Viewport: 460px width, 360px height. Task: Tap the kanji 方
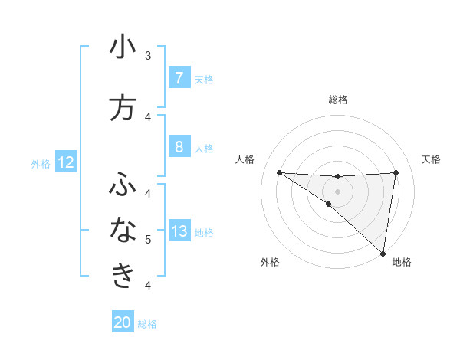(123, 107)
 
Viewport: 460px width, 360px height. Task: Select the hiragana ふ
(123, 185)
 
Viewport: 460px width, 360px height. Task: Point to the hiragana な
(123, 229)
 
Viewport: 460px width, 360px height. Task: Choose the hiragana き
(123, 275)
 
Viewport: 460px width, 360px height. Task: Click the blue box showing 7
(179, 78)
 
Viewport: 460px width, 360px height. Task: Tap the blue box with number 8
(179, 147)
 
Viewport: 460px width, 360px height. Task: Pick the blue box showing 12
(66, 162)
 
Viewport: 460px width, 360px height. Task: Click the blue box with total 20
(123, 322)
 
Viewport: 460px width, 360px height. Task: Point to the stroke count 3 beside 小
(148, 56)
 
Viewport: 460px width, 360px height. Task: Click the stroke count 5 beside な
(148, 239)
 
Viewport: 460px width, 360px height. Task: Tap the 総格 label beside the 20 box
(147, 324)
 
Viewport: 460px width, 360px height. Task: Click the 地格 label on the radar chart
(402, 263)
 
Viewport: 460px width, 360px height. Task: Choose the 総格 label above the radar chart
(337, 100)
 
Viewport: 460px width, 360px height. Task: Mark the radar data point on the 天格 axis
(396, 172)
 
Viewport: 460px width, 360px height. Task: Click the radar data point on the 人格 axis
(279, 172)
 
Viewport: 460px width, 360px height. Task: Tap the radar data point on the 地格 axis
(383, 253)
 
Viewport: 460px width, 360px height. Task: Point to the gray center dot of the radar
(337, 190)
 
